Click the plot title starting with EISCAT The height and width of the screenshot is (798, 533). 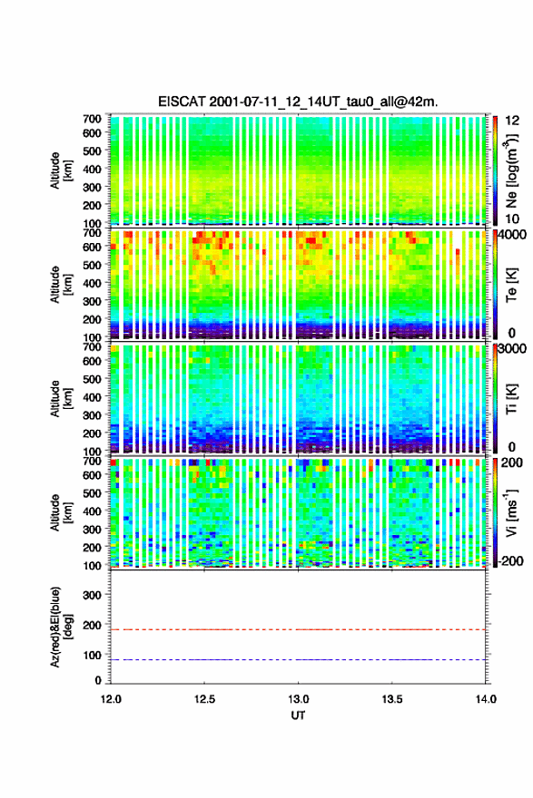298,102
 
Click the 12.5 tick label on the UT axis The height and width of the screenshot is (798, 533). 204,699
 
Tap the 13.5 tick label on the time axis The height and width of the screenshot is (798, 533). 392,699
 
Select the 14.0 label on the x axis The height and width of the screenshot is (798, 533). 486,699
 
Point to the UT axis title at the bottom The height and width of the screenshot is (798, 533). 298,715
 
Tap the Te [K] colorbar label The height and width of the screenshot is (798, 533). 511,286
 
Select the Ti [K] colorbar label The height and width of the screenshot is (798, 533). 511,399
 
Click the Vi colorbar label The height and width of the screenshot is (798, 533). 511,512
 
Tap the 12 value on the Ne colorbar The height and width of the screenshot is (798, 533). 512,121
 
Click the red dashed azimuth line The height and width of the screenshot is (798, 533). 298,629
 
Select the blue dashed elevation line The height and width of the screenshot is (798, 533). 298,659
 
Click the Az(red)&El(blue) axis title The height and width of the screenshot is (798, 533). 61,627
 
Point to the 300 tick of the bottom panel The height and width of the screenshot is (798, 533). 93,595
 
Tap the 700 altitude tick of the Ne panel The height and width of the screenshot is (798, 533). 93,119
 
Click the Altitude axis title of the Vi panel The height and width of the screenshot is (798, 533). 61,512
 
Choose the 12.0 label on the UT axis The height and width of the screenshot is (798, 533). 111,699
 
